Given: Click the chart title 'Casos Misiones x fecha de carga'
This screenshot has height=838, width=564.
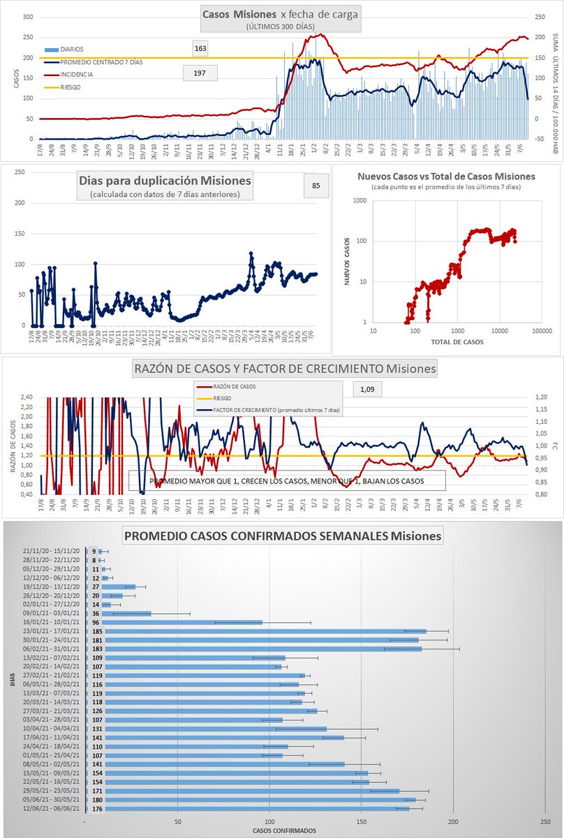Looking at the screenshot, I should pos(280,14).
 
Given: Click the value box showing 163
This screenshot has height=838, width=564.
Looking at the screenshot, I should pos(200,49).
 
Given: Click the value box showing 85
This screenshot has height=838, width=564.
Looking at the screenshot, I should pos(316,185).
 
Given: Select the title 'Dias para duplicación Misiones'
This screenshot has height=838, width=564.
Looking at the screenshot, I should pos(165,180).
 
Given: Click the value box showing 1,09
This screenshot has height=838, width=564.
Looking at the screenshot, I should pos(367,388).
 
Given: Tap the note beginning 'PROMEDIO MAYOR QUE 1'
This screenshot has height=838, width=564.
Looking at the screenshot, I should pos(286,481).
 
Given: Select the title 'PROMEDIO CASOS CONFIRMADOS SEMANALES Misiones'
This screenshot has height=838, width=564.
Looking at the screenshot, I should pos(282,536).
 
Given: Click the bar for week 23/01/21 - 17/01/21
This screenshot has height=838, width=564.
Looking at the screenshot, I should pos(255,631).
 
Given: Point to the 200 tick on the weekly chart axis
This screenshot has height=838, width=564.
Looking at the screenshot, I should pos(453,821).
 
